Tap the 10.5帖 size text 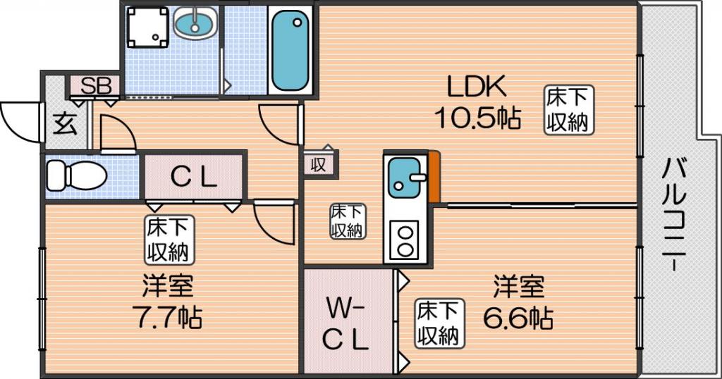476,117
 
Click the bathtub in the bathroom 290,49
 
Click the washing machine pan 147,27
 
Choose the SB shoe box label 95,86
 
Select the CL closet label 194,178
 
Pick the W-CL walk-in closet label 346,323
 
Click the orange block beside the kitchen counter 434,176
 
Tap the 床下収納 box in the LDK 568,110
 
